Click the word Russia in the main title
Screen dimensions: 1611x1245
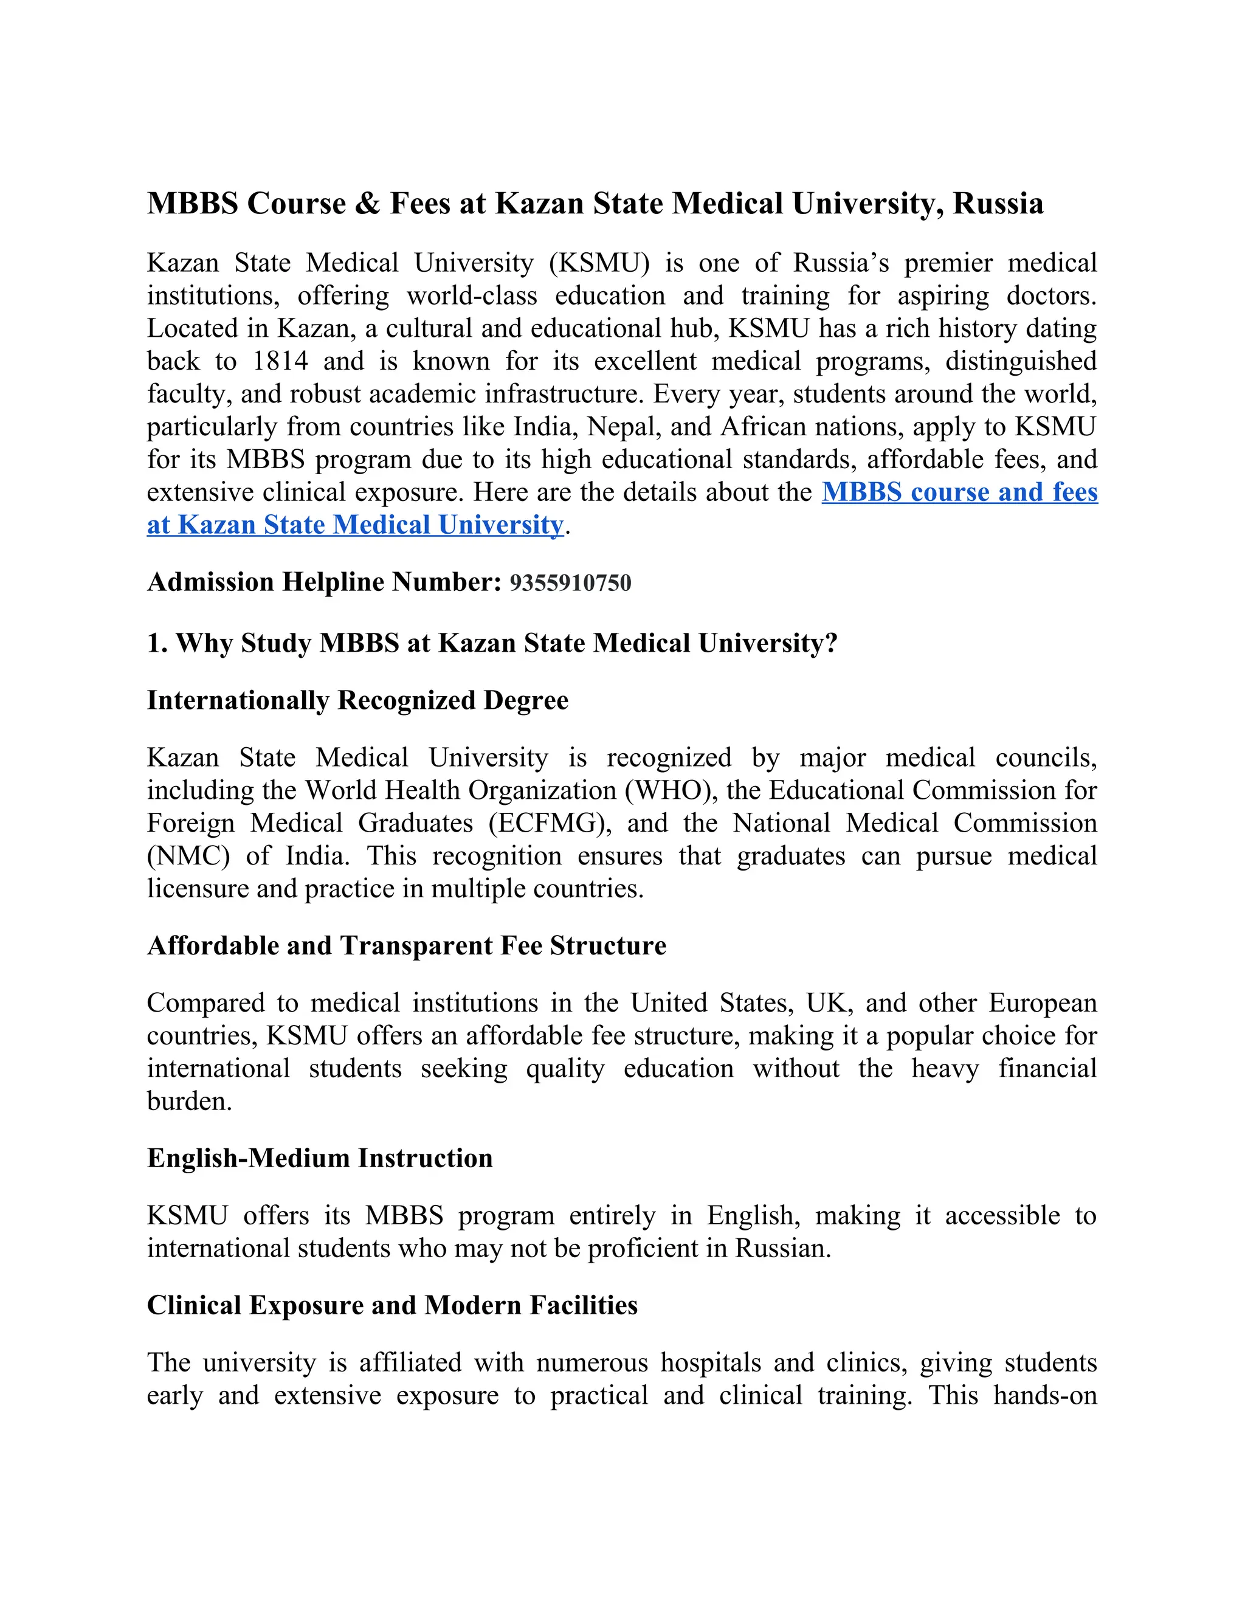click(997, 204)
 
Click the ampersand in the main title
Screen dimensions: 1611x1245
click(367, 204)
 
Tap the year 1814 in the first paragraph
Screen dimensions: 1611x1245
click(280, 362)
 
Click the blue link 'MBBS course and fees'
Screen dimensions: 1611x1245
click(959, 492)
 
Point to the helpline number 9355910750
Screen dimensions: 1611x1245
click(570, 583)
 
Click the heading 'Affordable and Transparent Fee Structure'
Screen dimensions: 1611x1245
click(407, 946)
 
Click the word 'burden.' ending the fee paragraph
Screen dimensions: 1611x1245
click(190, 1102)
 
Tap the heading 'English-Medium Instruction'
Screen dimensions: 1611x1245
click(319, 1159)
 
